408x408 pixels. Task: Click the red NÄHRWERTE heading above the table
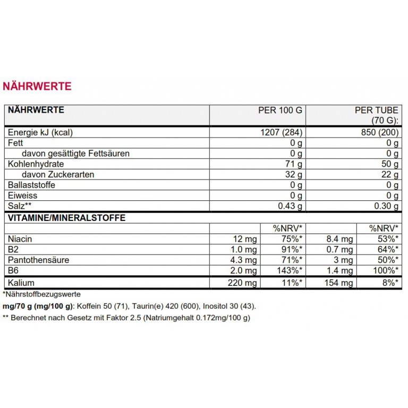tap(37, 86)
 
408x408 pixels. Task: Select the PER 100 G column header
tap(280, 110)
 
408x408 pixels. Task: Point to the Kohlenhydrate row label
tap(36, 164)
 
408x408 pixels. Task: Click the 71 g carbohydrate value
tap(294, 164)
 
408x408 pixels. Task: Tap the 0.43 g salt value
tap(290, 207)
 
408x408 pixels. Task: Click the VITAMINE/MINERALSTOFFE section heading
tap(66, 218)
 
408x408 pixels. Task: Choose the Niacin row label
tap(20, 239)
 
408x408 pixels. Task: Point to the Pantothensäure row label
tap(38, 260)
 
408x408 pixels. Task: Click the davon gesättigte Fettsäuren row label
tap(75, 154)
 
